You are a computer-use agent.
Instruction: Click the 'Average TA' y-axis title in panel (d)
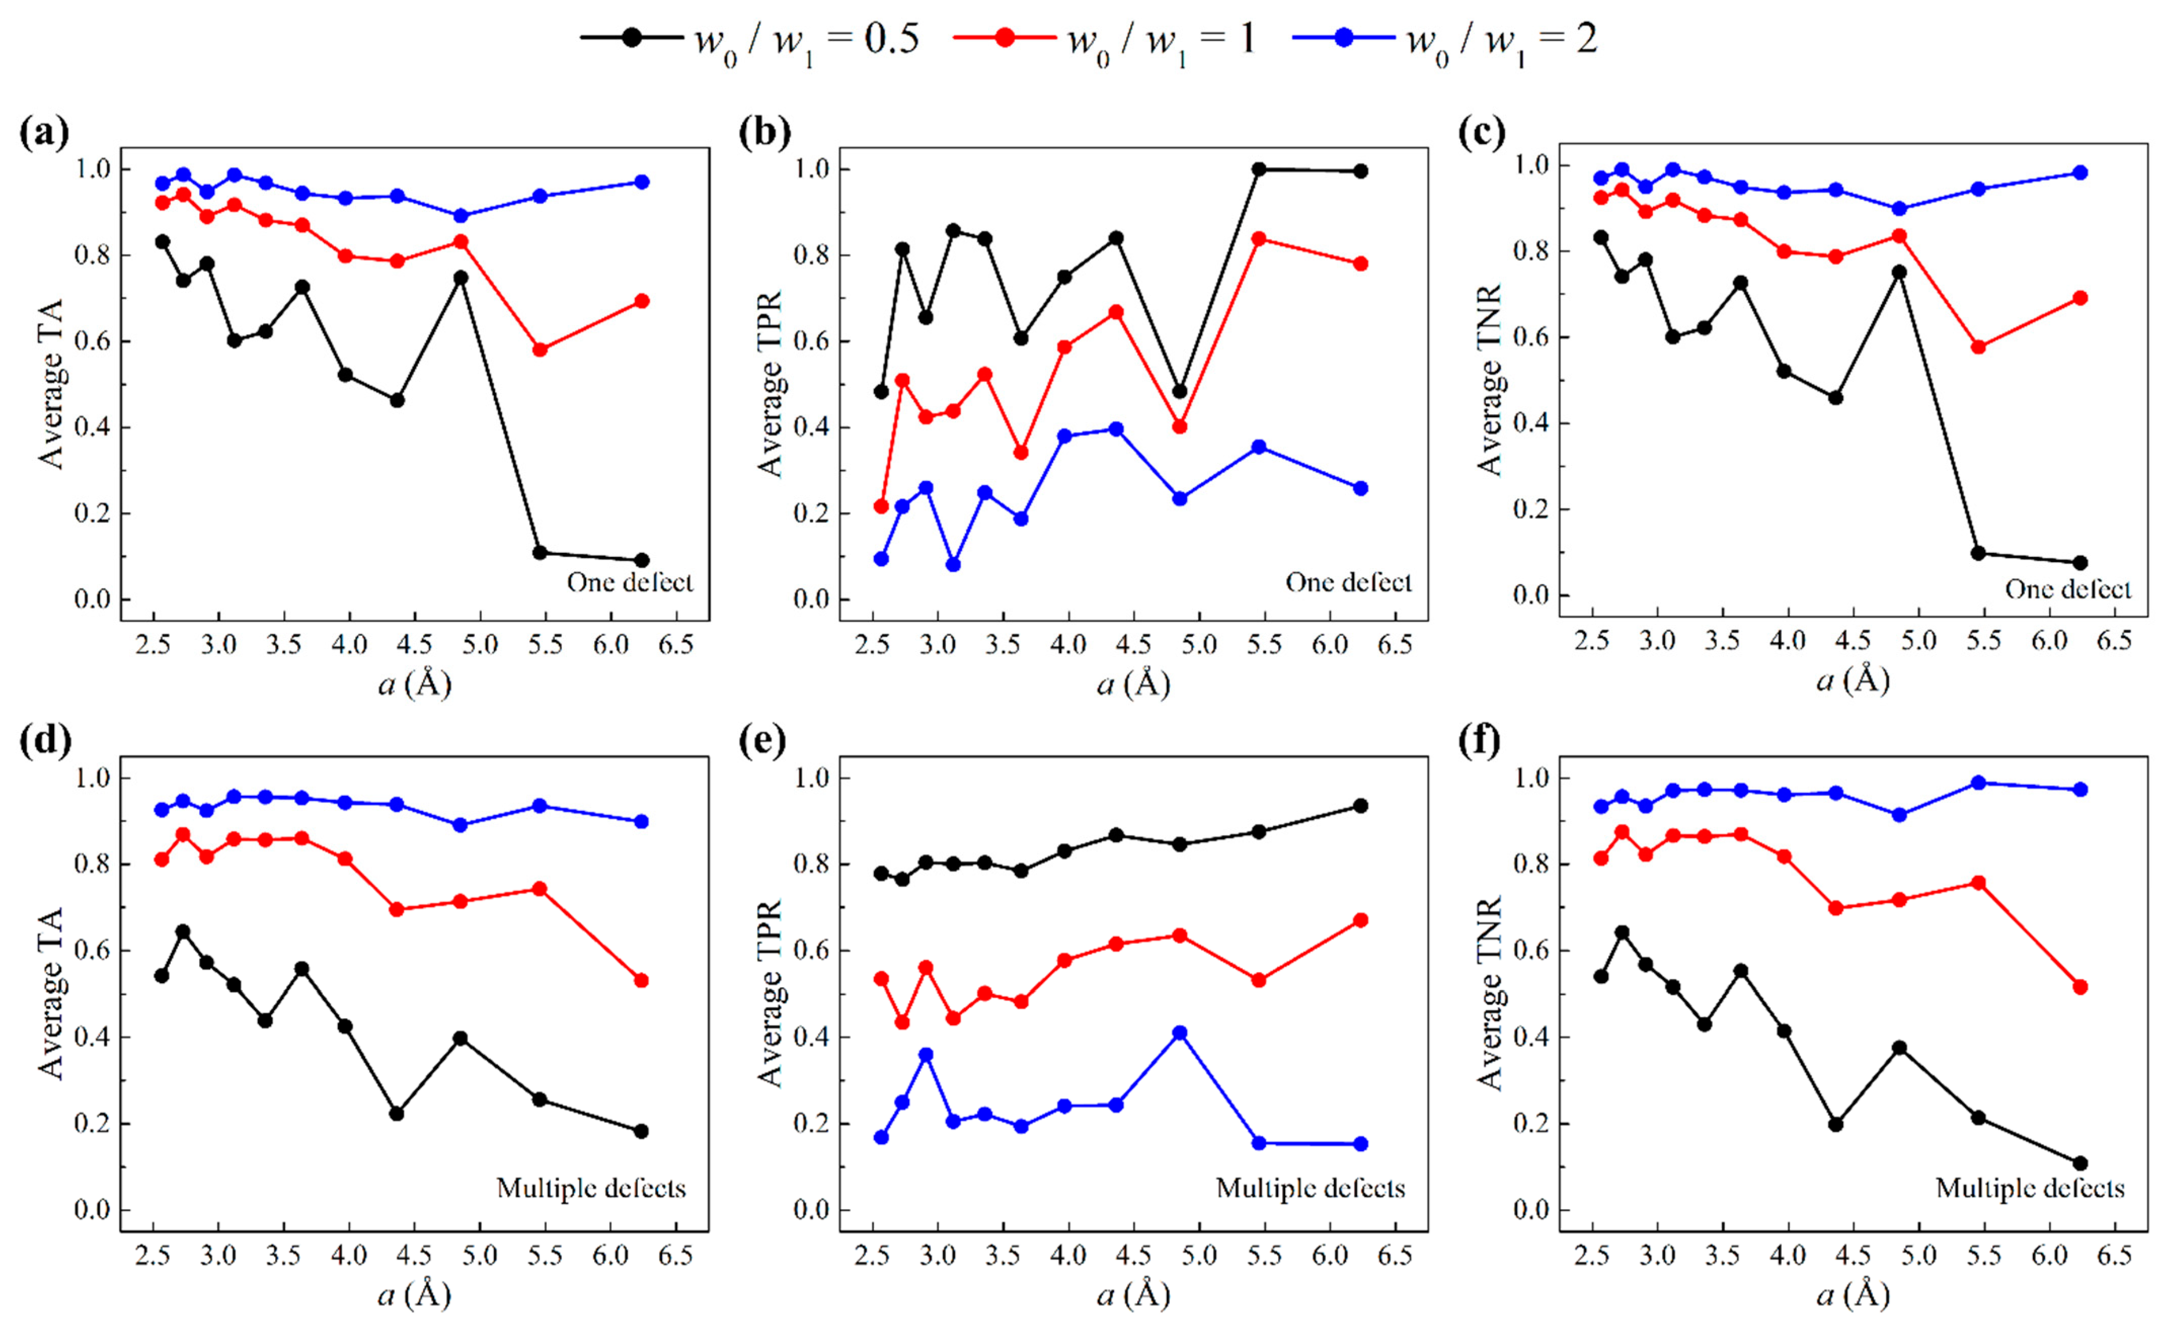click(x=51, y=993)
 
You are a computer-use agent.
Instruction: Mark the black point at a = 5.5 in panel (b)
click(x=1259, y=169)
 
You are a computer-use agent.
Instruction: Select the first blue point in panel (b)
click(x=881, y=559)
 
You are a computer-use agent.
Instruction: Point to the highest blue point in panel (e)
click(x=1179, y=1033)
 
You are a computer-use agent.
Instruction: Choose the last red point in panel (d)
click(x=641, y=980)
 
